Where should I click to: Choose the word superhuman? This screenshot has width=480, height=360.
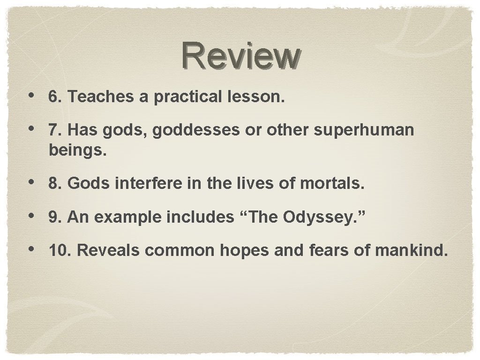point(364,130)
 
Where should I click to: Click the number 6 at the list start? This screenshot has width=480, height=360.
point(53,97)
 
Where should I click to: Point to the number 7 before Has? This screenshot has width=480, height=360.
point(53,130)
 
